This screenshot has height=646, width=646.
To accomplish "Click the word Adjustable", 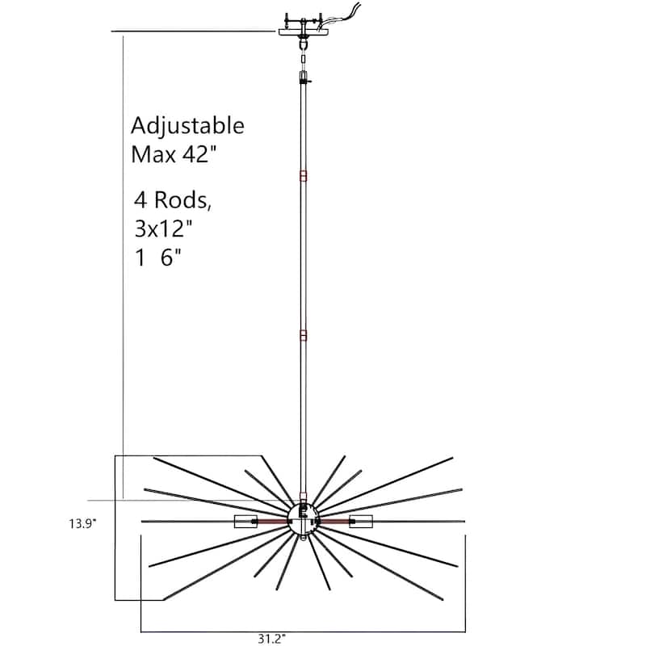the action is (x=187, y=126).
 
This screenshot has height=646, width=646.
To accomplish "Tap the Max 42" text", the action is (x=173, y=154).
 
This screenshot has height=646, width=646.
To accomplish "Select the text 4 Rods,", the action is (x=173, y=200).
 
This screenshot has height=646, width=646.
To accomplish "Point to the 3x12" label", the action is (x=163, y=229).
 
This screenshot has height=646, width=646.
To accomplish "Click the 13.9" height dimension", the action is (x=82, y=523).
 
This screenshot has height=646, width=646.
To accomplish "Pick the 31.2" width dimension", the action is (x=272, y=639).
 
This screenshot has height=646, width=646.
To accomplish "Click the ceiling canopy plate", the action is (x=304, y=31).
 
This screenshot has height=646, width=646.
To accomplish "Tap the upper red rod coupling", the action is (x=304, y=176).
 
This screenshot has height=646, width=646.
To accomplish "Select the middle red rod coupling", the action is (x=304, y=335).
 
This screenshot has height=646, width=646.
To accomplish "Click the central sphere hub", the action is (x=304, y=519).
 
